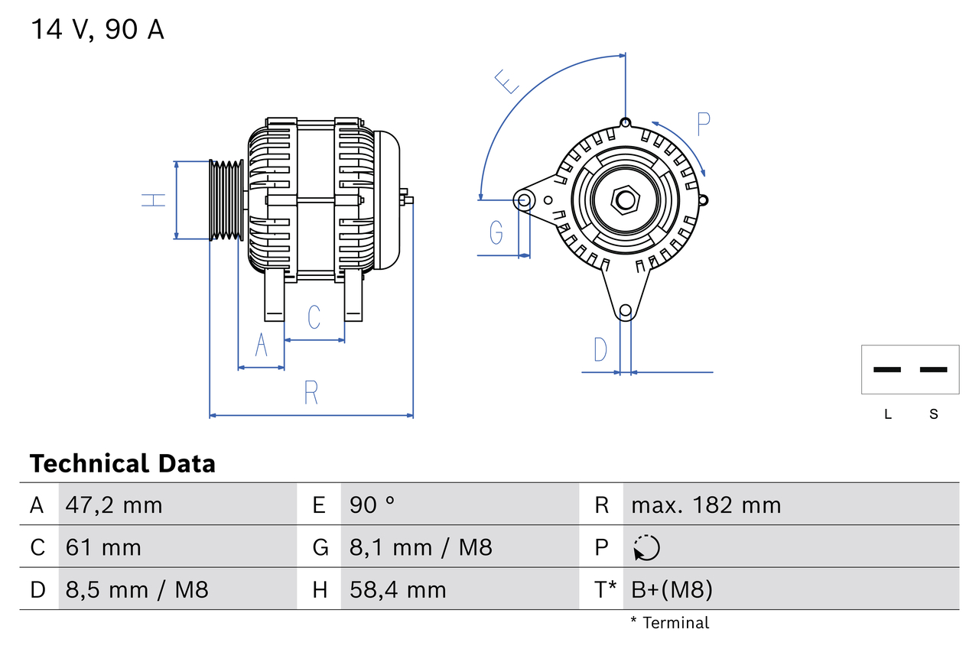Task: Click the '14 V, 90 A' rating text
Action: tap(97, 30)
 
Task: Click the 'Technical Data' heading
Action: tap(122, 463)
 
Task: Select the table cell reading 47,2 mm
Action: tap(114, 505)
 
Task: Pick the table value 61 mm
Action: tap(103, 547)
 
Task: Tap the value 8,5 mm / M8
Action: tap(137, 589)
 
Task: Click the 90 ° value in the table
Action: tap(372, 505)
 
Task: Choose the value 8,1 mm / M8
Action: tap(421, 547)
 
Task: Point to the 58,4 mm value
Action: tap(398, 589)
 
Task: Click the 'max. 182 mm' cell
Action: tap(706, 505)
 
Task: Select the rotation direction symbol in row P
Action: tap(646, 547)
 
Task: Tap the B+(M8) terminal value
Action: tap(672, 589)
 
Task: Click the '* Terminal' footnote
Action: tap(670, 623)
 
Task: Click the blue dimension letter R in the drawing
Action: tap(311, 393)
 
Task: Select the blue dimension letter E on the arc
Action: tap(507, 81)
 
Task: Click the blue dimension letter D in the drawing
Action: tap(600, 349)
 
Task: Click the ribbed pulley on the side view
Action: tap(226, 200)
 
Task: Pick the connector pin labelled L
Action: tap(887, 370)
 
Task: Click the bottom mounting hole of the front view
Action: tap(626, 310)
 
